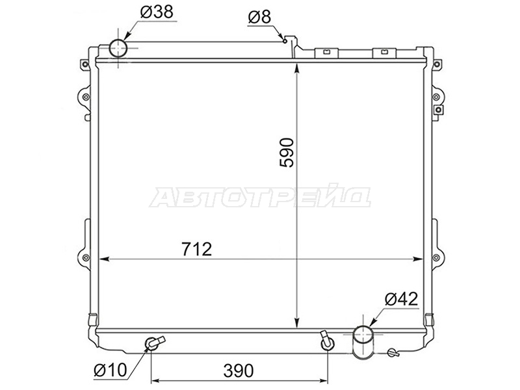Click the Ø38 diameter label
pos(157,12)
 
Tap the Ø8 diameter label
pos(259,17)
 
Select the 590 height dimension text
pos(287,153)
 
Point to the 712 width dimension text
pos(197,250)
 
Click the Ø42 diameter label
pos(401,299)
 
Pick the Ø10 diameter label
pos(110,370)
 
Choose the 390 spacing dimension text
pos(239,370)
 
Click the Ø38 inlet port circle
pos(118,48)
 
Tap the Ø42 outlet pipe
pos(363,343)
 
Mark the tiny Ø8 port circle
pos(285,41)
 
